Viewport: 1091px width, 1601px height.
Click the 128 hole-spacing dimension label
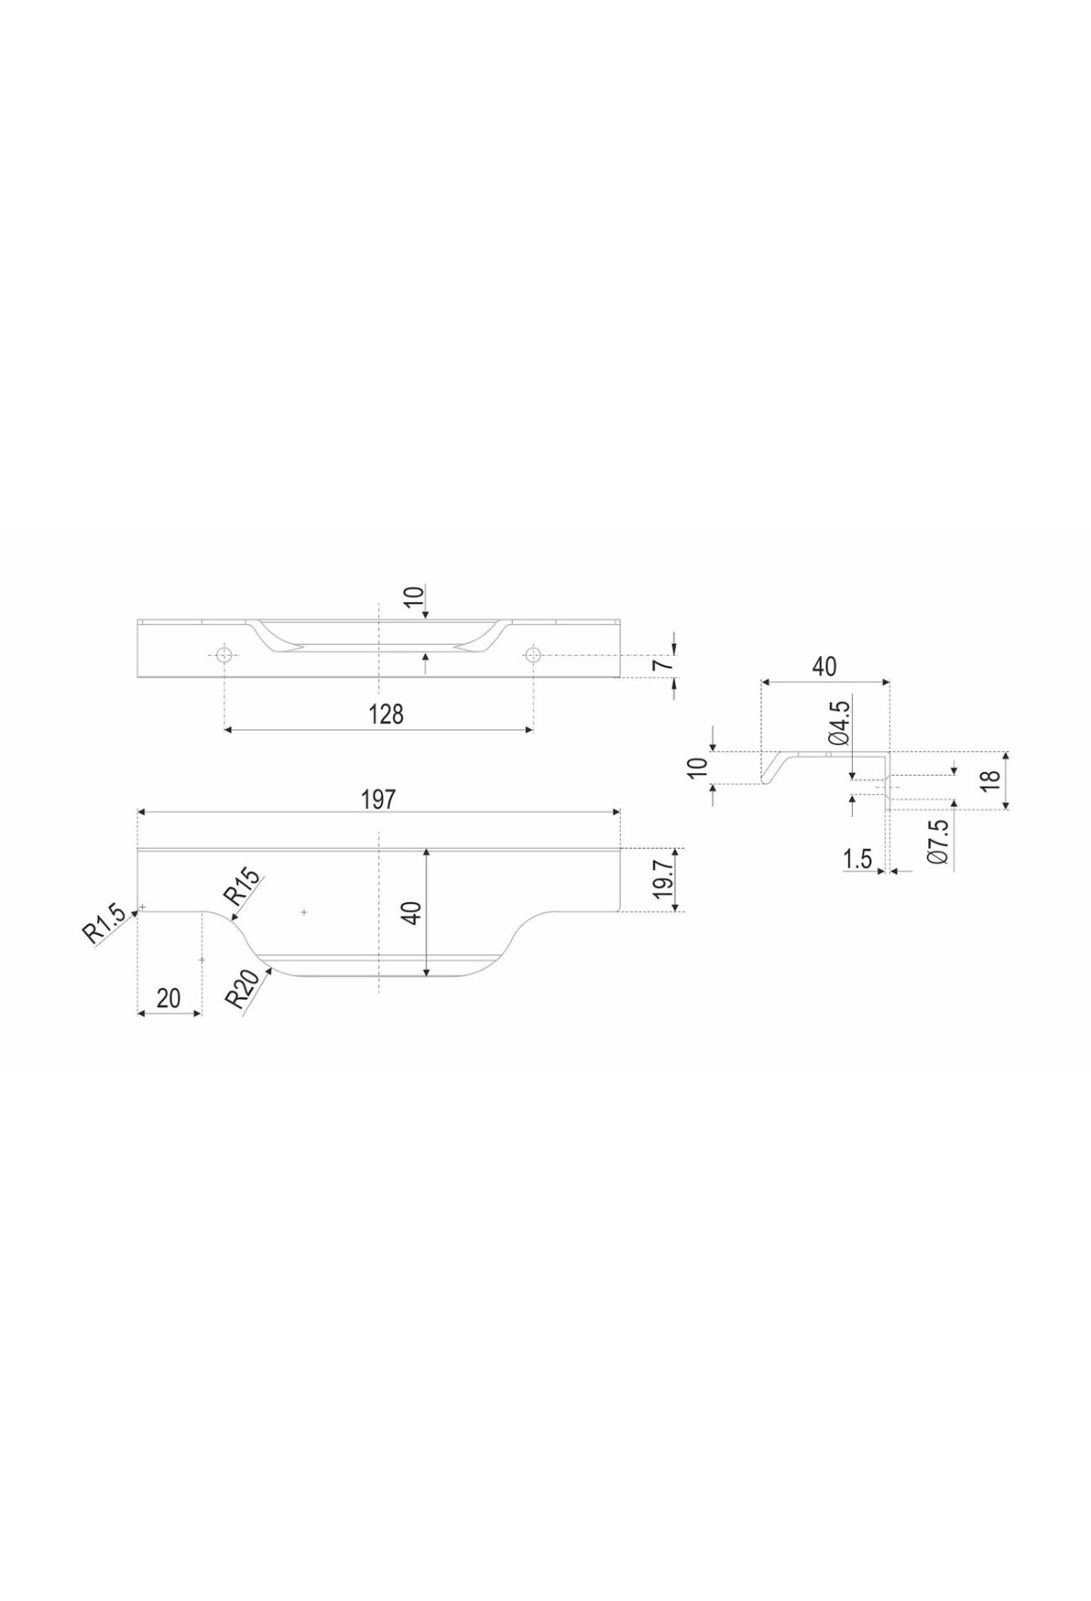click(386, 714)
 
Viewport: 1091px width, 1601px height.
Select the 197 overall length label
click(378, 799)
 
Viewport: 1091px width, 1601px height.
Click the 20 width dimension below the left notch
click(169, 998)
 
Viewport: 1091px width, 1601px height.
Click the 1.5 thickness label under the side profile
click(857, 858)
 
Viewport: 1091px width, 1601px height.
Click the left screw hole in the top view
click(224, 654)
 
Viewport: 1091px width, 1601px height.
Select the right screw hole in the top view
click(533, 654)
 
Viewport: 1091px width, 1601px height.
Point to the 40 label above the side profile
click(824, 667)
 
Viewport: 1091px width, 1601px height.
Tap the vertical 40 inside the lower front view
click(412, 912)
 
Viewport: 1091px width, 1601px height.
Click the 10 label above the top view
click(414, 598)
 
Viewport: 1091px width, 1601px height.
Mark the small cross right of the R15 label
click(304, 911)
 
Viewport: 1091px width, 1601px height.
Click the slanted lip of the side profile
click(772, 767)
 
